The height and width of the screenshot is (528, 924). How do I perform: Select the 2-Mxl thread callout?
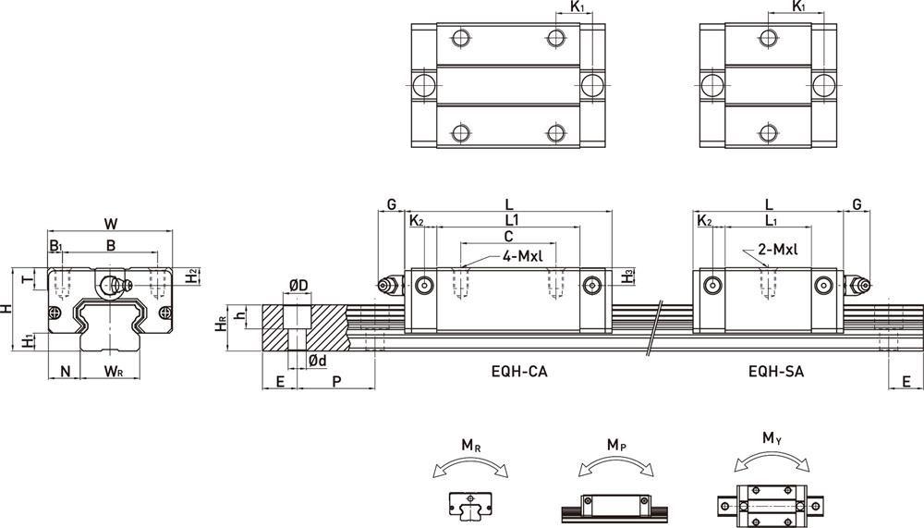(776, 250)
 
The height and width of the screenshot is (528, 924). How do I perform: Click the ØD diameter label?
(298, 287)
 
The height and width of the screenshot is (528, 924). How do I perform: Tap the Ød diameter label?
(317, 360)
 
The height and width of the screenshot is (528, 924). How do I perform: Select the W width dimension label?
(111, 223)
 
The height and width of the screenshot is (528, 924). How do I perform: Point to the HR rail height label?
(220, 325)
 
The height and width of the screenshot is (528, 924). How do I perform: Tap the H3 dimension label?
(628, 276)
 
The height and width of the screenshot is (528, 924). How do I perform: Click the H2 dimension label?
(190, 275)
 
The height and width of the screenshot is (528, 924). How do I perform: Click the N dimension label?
(65, 372)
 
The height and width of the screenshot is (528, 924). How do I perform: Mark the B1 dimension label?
(56, 246)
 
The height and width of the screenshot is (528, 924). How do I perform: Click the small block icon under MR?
(470, 506)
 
